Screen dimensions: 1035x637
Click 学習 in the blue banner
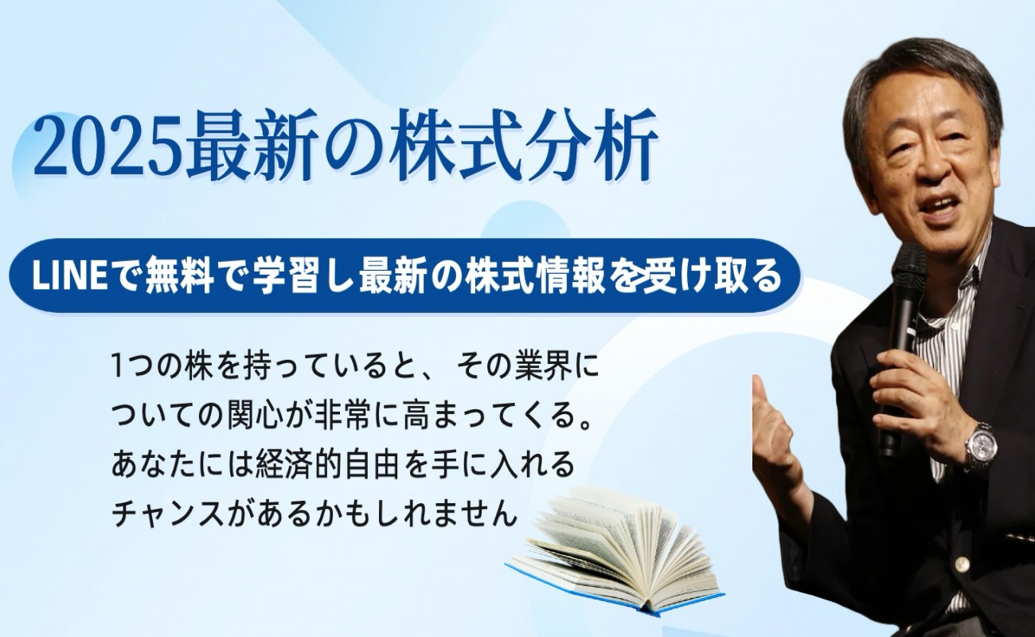tap(287, 276)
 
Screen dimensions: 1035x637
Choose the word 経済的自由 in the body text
tap(327, 466)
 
